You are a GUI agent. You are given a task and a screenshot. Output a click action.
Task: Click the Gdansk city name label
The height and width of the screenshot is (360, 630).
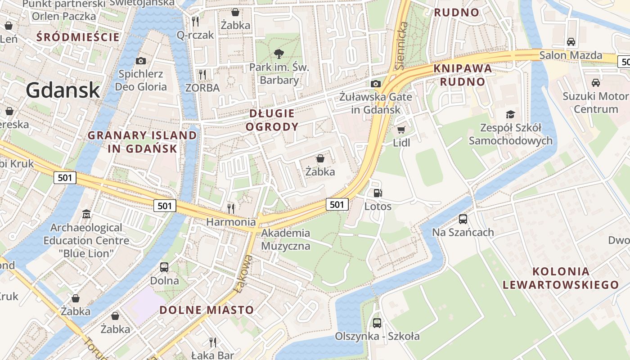coord(63,90)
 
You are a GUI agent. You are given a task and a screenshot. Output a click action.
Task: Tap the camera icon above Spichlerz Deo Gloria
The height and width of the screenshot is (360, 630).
coord(140,61)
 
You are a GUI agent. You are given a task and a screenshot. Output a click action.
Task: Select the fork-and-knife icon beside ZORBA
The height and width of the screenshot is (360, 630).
coord(202,74)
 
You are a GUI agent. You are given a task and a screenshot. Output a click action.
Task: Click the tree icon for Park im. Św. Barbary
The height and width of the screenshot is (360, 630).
coord(279,54)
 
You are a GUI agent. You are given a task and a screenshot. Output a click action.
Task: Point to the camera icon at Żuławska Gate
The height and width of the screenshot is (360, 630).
coord(376,84)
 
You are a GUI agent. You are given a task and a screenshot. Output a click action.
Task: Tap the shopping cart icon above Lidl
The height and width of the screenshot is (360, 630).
coord(401,130)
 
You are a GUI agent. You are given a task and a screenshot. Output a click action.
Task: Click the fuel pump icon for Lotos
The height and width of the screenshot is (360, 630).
coord(378,193)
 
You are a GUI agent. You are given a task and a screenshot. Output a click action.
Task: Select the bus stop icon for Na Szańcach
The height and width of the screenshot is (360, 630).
coord(463,219)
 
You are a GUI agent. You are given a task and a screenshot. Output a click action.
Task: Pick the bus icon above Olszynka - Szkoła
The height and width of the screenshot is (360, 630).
coord(377,323)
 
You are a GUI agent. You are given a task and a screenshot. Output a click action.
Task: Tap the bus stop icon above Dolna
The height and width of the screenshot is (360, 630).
coord(164,267)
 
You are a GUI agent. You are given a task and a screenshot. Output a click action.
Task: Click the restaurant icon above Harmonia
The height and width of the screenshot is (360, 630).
coord(231,208)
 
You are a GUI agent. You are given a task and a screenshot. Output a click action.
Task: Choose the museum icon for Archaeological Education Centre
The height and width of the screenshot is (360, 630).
coord(86,214)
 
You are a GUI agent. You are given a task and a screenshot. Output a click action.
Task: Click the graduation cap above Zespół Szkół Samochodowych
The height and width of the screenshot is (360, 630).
coord(510,114)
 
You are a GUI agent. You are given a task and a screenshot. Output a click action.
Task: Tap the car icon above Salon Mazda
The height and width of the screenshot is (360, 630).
coord(571,42)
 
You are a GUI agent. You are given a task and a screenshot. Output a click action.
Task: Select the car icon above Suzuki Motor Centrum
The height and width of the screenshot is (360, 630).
coord(595,83)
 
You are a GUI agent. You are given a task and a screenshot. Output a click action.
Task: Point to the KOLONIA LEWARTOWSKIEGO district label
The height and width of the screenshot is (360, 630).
coord(561,278)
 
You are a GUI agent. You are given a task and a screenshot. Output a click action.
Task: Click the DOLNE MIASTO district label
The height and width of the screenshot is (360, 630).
coord(207,310)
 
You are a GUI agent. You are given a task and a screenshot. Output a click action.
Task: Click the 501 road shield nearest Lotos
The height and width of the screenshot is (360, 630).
coord(337,204)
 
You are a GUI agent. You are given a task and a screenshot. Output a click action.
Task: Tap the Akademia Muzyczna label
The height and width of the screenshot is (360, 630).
coord(286,239)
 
